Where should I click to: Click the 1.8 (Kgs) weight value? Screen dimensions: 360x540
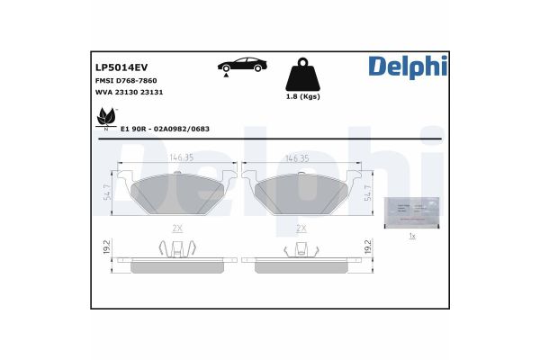pos(303,96)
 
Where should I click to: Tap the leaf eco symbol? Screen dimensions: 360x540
pos(107,118)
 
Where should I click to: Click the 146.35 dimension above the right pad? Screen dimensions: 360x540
pos(298,157)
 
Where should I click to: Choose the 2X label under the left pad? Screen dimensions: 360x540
pos(177,229)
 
